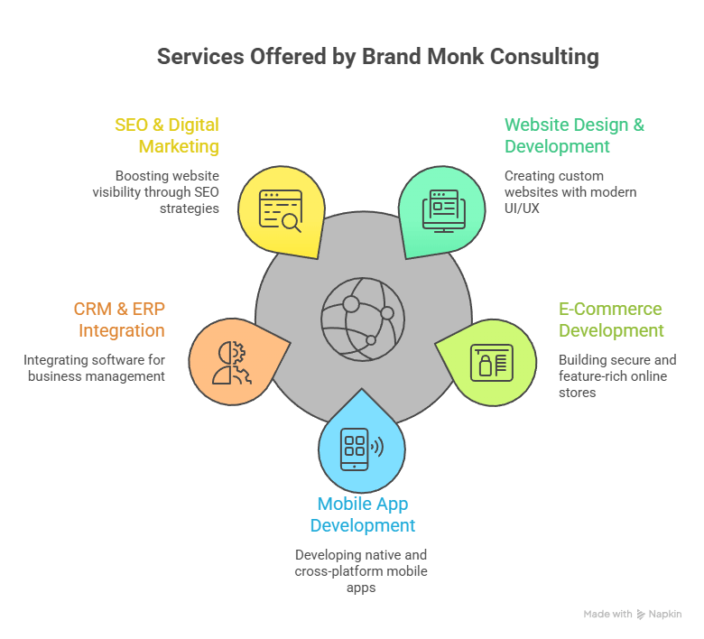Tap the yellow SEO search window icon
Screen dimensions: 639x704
click(x=280, y=210)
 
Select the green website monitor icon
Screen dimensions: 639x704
click(x=444, y=210)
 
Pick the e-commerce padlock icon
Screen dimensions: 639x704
click(x=491, y=363)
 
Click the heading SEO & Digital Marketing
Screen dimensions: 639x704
click(x=167, y=135)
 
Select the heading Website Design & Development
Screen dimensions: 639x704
click(x=574, y=135)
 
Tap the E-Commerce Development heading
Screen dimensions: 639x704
click(x=610, y=319)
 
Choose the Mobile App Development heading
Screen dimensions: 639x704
click(x=362, y=514)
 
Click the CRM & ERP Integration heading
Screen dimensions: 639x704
click(x=119, y=319)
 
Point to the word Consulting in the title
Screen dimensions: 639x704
click(x=544, y=57)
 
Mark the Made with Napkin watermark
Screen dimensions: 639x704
click(x=632, y=614)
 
